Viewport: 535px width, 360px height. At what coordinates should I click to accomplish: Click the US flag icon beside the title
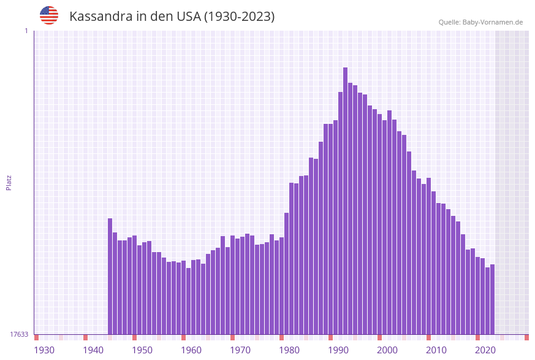49,15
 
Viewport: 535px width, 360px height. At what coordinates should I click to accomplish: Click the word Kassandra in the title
99,17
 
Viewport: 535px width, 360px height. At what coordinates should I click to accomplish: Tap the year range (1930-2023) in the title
239,17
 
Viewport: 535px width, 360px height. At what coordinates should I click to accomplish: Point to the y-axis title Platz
9,182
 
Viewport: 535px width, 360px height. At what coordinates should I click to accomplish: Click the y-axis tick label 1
26,31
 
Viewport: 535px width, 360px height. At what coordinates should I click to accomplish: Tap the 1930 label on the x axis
44,350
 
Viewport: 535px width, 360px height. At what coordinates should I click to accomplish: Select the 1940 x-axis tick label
93,350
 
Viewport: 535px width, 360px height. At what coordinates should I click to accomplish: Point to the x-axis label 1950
142,350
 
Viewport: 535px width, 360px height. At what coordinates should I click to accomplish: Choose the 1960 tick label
191,350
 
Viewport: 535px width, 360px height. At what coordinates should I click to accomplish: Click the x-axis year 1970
240,350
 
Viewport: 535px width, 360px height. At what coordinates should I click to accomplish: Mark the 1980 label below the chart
289,350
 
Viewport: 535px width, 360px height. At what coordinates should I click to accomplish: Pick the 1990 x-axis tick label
338,350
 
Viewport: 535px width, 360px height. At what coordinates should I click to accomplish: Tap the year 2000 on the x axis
387,350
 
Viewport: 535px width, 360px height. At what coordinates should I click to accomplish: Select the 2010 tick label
436,350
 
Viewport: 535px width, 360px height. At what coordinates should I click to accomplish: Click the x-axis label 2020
485,350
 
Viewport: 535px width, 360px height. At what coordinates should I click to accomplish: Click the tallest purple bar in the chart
345,202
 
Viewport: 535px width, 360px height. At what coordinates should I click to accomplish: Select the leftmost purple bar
110,276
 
